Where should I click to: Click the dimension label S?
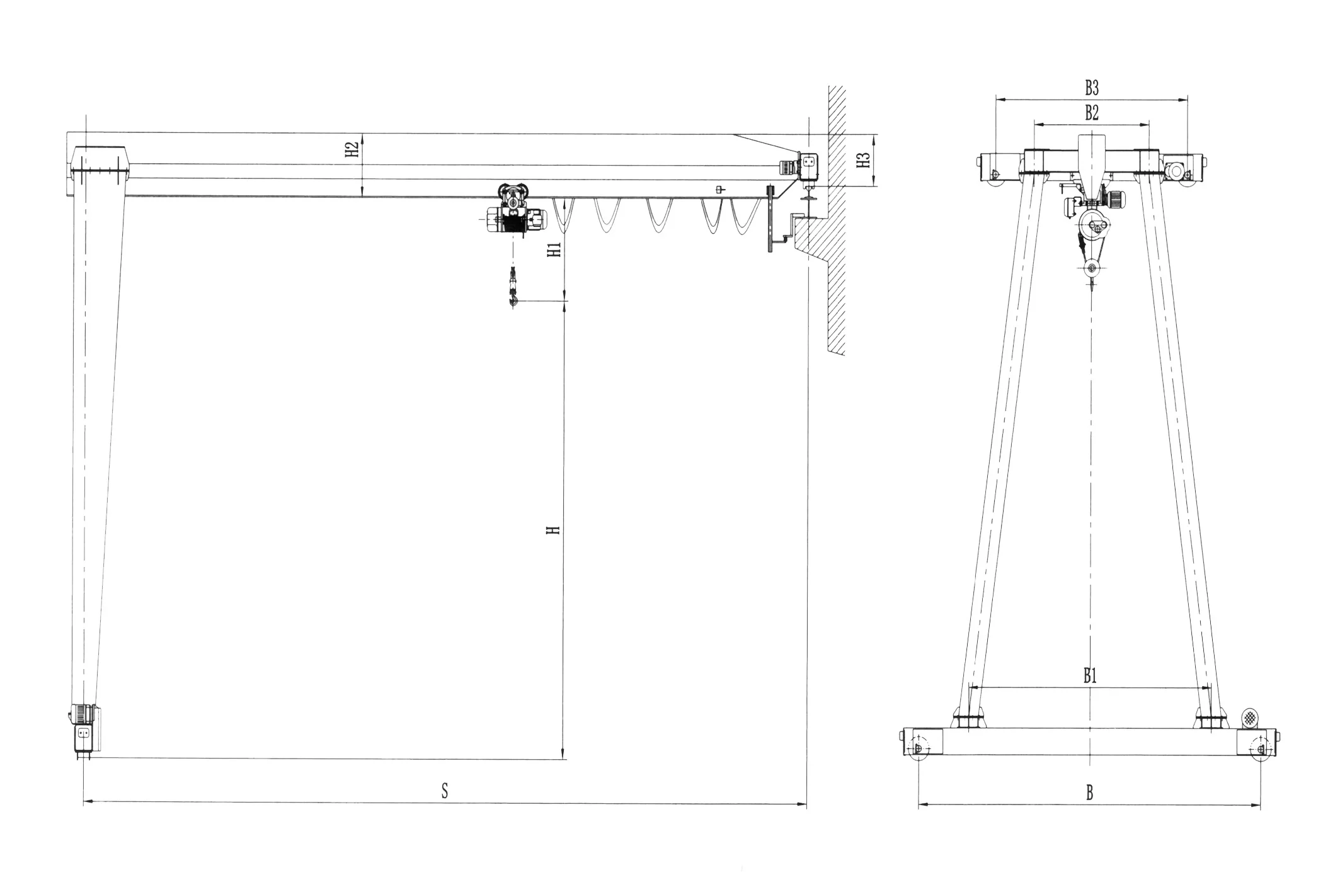(x=445, y=791)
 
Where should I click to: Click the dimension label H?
(x=553, y=530)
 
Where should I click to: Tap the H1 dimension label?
(x=554, y=250)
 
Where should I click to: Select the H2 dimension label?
(x=352, y=149)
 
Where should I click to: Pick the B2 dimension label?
(x=1092, y=113)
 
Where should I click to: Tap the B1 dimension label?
(x=1090, y=677)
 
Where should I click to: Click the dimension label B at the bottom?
(x=1090, y=793)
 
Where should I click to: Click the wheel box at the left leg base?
(x=83, y=734)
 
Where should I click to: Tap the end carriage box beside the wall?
(x=808, y=165)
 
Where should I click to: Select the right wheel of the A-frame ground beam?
(x=1261, y=748)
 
